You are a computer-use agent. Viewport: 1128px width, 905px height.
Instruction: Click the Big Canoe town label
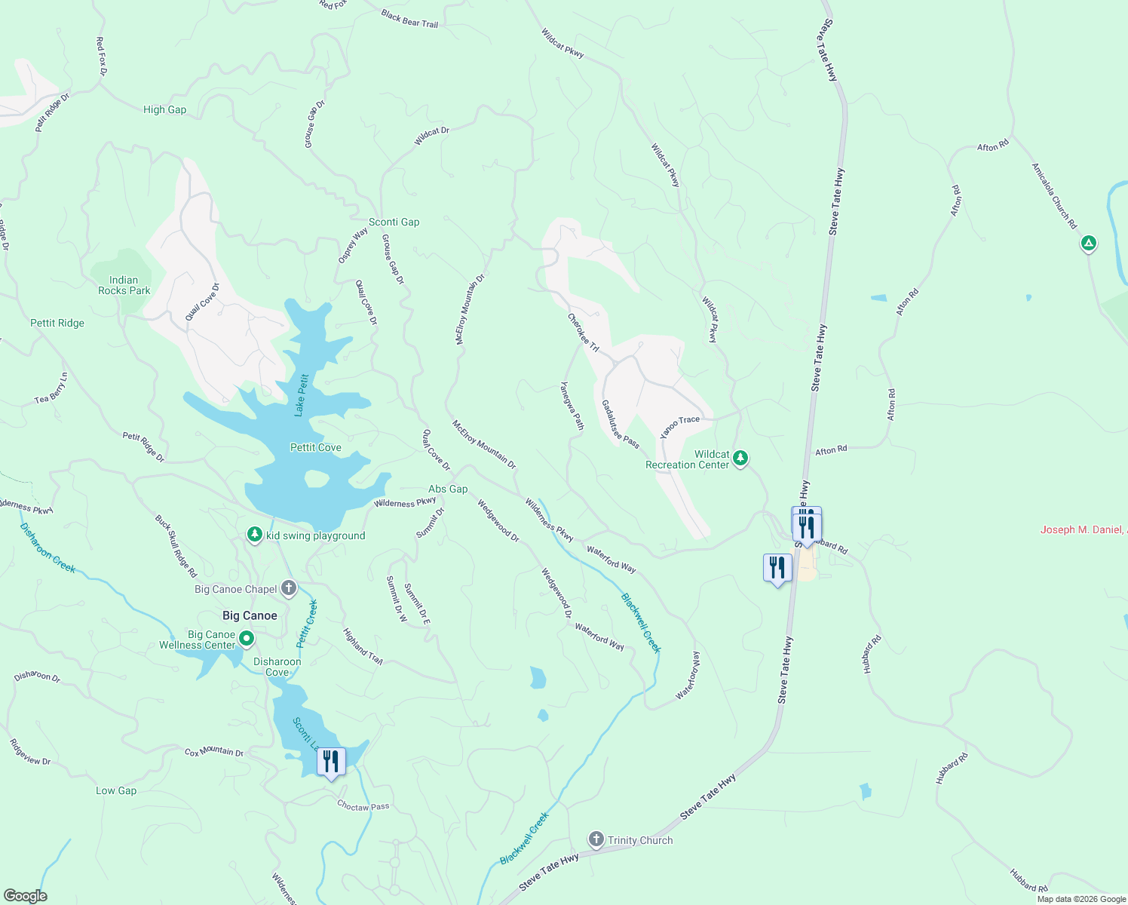coord(250,615)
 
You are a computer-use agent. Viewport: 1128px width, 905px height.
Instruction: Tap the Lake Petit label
coord(302,395)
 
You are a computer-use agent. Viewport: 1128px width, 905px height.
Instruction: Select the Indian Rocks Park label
coord(124,285)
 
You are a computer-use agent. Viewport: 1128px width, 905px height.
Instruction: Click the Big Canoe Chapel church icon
coord(289,588)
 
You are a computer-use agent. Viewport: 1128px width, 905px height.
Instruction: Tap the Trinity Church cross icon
coord(596,839)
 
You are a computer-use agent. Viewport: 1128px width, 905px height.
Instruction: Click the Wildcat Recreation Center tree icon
coord(740,458)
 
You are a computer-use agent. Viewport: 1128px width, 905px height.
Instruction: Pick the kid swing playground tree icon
coord(255,535)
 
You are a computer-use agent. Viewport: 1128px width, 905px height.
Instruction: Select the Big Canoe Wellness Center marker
coord(246,640)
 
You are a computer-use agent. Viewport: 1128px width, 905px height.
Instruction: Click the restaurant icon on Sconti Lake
coord(330,762)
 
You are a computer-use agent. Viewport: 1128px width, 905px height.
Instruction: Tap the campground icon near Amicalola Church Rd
coord(1088,243)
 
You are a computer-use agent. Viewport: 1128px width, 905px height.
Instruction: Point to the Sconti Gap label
coord(394,222)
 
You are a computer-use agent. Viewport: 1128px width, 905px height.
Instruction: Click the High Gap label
coord(164,109)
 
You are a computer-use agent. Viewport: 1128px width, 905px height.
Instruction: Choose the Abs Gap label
coord(448,489)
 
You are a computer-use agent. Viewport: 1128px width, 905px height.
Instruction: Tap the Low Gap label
coord(116,790)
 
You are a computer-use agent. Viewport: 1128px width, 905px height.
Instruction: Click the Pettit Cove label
coord(316,447)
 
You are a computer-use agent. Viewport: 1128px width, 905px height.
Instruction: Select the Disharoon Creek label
coord(48,548)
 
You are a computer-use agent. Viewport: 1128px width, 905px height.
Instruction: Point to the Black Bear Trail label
coord(409,19)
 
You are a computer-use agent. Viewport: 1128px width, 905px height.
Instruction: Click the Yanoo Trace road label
coord(679,427)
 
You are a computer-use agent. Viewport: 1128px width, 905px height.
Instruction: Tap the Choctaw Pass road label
coord(363,806)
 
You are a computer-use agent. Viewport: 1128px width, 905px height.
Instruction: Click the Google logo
coord(25,896)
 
